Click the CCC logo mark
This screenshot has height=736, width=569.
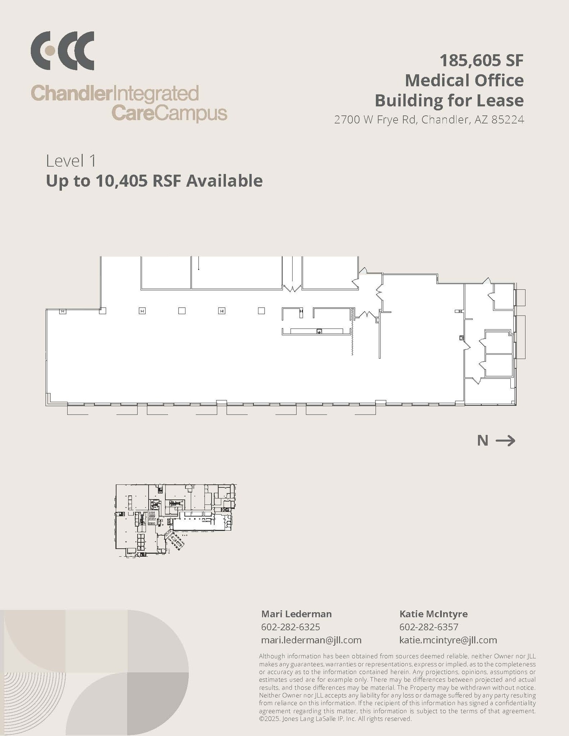tap(62, 51)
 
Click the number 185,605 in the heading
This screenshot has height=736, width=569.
tap(465, 60)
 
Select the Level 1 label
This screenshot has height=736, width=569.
tap(71, 161)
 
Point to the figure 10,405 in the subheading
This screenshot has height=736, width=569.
tap(121, 181)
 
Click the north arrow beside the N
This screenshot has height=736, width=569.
tap(505, 441)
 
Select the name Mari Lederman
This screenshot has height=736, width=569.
tap(296, 614)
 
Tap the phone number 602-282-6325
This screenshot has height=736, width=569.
tap(290, 627)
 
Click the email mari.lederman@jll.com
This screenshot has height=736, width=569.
tap(311, 640)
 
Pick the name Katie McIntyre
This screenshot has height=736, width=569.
tap(433, 614)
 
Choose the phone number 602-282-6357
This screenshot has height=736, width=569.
tap(429, 627)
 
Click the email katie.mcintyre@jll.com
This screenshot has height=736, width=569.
tap(448, 640)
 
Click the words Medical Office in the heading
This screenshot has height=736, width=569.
tap(464, 80)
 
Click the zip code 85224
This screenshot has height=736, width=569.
tap(508, 120)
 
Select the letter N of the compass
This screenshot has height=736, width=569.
tap(482, 441)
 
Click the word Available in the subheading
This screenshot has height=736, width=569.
tap(224, 181)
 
